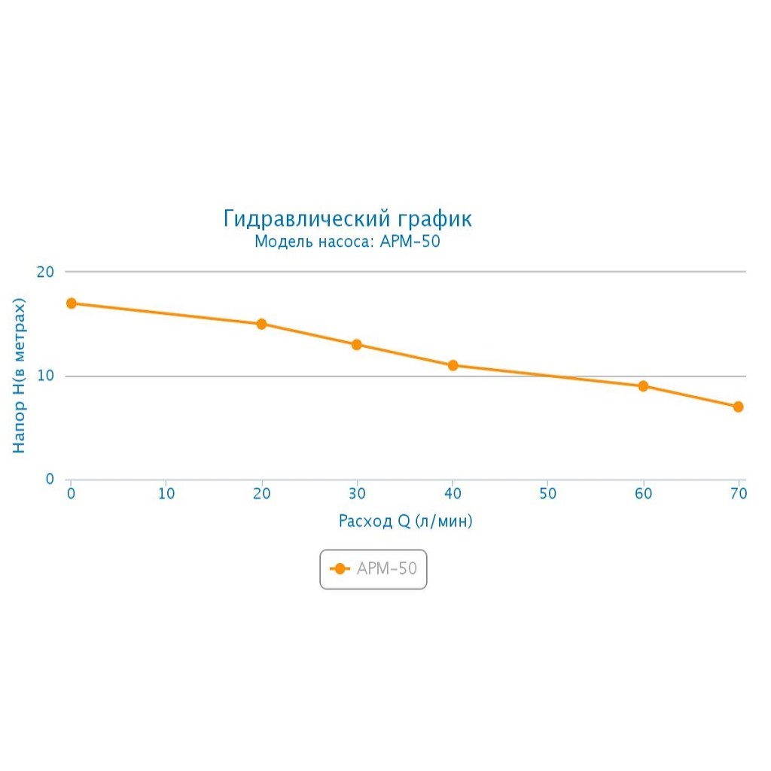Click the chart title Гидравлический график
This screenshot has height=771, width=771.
347,219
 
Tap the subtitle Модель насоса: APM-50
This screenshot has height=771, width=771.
347,242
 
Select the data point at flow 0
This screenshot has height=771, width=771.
72,303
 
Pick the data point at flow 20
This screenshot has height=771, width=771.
262,324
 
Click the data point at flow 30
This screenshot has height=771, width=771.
357,345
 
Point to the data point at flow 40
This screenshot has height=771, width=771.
453,365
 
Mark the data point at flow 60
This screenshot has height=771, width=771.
643,386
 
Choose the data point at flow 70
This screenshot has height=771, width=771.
738,407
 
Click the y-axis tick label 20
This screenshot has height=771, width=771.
46,272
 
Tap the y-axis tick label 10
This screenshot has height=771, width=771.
46,376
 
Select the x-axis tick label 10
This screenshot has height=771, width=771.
166,494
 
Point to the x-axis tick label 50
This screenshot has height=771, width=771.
547,494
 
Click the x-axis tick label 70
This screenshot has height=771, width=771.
738,494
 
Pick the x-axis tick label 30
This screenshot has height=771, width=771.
357,494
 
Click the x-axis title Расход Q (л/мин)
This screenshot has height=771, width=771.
405,521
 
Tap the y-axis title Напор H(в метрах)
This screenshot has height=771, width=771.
20,375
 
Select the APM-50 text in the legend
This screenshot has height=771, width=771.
386,569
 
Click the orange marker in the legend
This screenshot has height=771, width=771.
340,569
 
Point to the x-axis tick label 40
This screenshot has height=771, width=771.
453,494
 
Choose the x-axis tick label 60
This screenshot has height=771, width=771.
643,494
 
